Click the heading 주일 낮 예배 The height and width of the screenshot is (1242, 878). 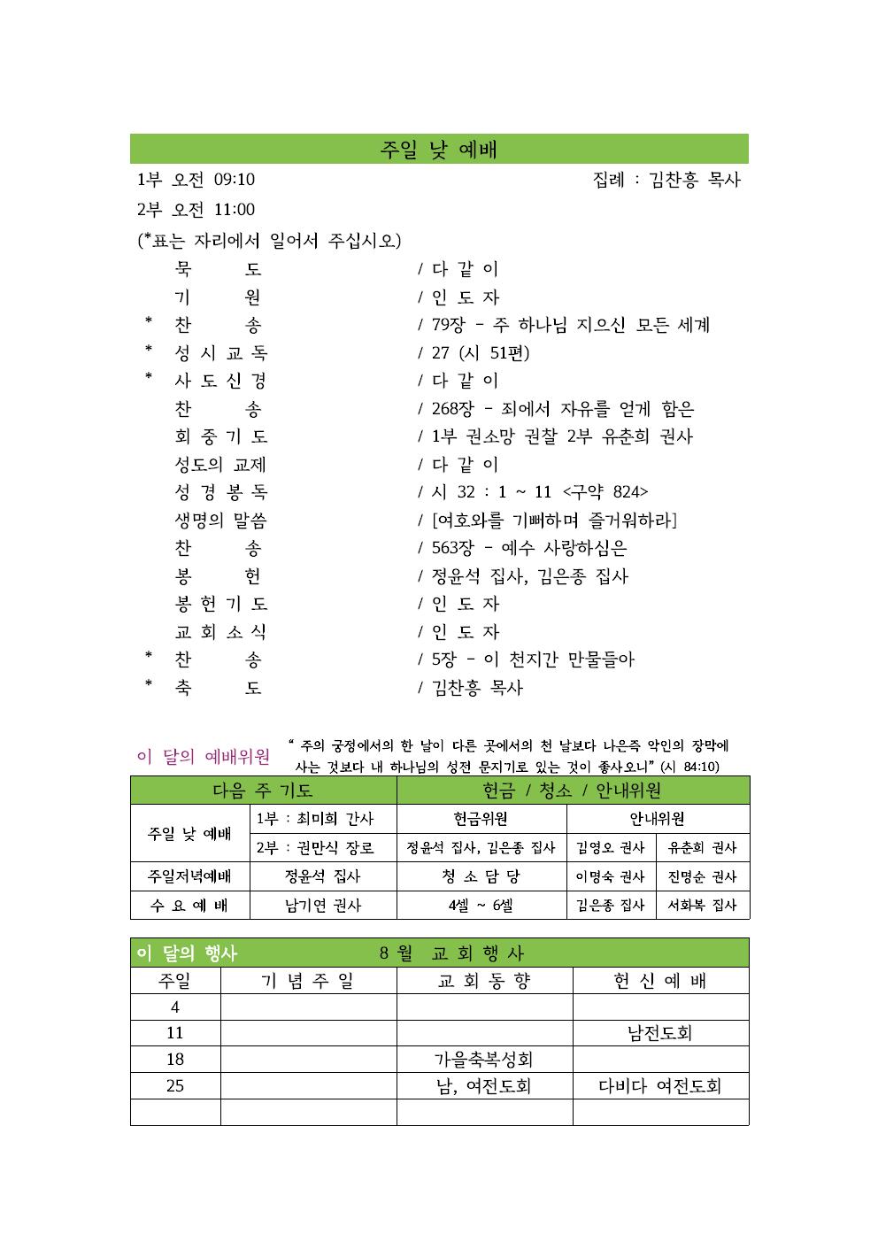(438, 150)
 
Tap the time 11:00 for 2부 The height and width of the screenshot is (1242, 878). (235, 210)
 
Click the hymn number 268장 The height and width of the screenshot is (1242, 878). (452, 409)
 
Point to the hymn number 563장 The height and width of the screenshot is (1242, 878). (452, 548)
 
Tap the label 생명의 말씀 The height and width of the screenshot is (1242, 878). (220, 521)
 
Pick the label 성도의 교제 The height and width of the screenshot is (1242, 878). (220, 465)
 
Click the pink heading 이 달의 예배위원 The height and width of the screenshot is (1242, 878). (204, 757)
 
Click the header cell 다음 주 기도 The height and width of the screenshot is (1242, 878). (263, 791)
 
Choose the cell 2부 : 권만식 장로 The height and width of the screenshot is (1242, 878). (315, 848)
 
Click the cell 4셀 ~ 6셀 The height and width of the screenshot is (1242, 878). (481, 906)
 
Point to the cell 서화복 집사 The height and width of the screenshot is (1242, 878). (702, 906)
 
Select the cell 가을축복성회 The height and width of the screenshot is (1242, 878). (483, 1060)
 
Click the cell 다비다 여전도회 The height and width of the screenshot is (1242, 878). (660, 1086)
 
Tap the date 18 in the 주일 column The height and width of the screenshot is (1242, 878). (175, 1060)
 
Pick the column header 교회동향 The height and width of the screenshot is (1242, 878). (484, 981)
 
